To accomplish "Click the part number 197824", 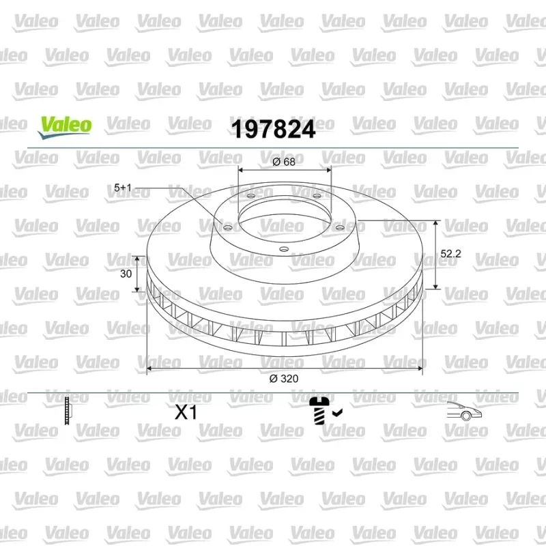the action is tap(274, 129).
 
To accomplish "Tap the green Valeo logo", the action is tap(65, 127).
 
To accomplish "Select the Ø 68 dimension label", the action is tap(284, 162).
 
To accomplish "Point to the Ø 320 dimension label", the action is tap(284, 379).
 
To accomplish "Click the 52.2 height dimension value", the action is tap(450, 254).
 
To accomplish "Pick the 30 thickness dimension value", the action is tap(126, 274).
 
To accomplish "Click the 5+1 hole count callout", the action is tap(123, 188).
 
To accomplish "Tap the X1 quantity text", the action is tap(186, 412).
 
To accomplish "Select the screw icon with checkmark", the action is tap(326, 412).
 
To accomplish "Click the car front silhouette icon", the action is tap(464, 411).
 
